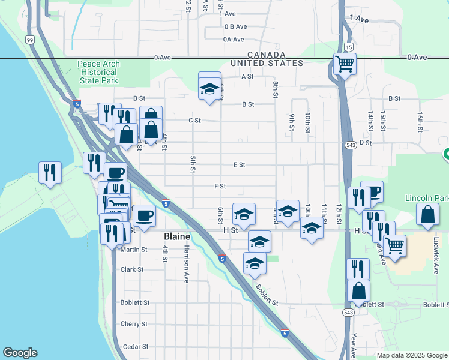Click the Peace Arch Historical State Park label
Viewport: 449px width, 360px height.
pyautogui.click(x=98, y=72)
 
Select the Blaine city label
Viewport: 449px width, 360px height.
pyautogui.click(x=178, y=237)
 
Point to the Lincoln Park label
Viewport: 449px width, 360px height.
pyautogui.click(x=427, y=198)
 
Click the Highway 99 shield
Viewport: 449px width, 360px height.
pyautogui.click(x=29, y=40)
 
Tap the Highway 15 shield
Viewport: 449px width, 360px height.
pyautogui.click(x=348, y=47)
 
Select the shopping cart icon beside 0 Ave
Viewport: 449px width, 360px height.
pyautogui.click(x=345, y=64)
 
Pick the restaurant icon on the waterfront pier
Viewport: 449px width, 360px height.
pyautogui.click(x=50, y=172)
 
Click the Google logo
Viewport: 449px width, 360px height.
pyautogui.click(x=20, y=353)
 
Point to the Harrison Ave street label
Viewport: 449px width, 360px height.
pyautogui.click(x=187, y=256)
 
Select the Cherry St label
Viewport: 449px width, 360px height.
pyautogui.click(x=134, y=324)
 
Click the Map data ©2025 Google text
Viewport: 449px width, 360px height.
pyautogui.click(x=411, y=355)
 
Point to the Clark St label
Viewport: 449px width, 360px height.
pyautogui.click(x=132, y=269)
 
